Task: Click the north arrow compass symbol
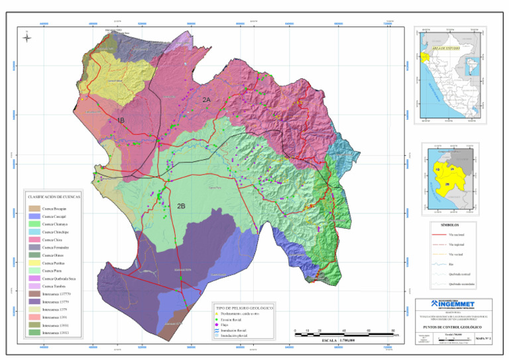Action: (x=27, y=38)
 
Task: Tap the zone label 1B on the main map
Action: (x=121, y=119)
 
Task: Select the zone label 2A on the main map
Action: (x=207, y=99)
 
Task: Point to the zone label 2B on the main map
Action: (x=181, y=206)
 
